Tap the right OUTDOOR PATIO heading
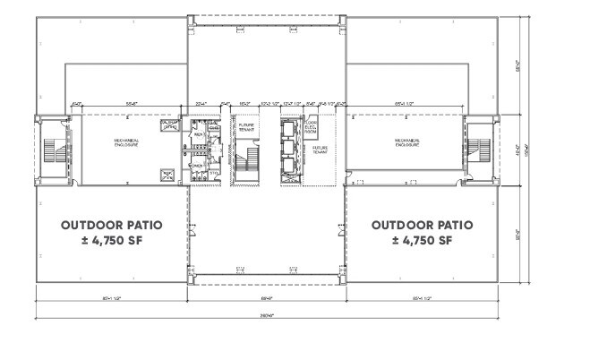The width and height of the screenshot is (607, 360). (422, 225)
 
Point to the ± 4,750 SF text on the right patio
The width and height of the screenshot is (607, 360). (422, 241)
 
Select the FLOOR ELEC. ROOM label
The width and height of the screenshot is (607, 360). (312, 128)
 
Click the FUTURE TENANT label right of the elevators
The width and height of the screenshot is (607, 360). (319, 151)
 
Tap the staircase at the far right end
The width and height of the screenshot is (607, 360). (478, 150)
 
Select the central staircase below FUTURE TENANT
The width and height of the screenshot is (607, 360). (244, 166)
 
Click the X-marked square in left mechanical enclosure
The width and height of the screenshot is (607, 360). (169, 176)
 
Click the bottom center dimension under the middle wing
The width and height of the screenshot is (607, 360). (266, 298)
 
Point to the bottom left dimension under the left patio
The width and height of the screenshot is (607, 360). (112, 298)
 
